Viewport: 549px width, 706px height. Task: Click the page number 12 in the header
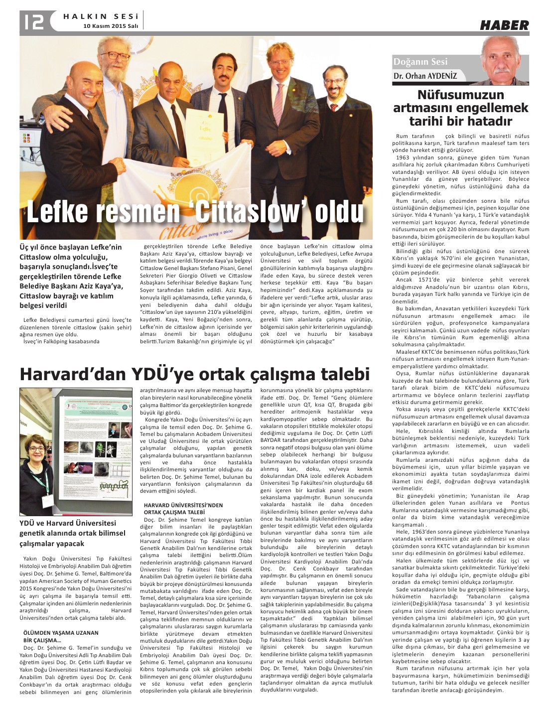[x=32, y=21]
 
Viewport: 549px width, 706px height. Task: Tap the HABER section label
[x=504, y=25]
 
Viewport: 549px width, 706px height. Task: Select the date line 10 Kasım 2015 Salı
[x=110, y=25]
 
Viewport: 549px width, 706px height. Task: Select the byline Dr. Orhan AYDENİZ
[x=425, y=76]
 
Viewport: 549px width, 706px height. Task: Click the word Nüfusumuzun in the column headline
[x=460, y=95]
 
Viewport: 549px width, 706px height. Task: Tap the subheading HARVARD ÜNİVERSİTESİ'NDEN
[x=183, y=505]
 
